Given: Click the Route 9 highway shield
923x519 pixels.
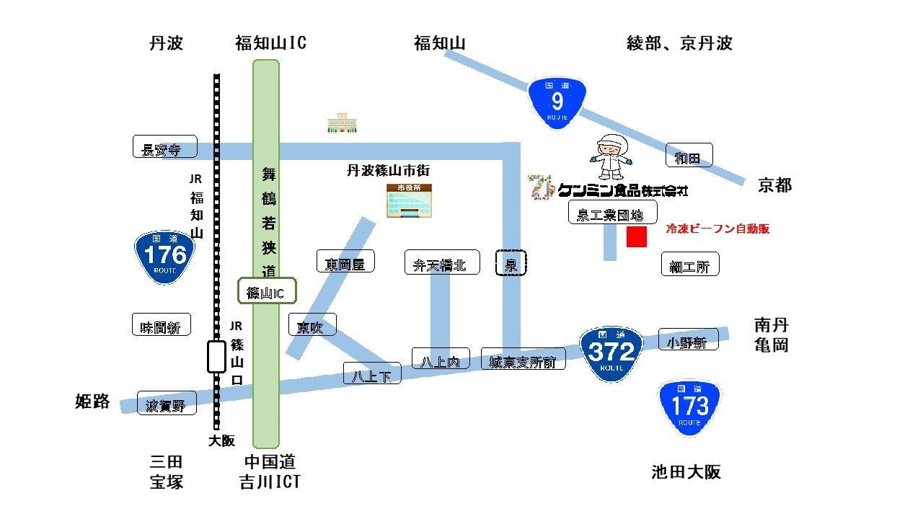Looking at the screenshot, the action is point(557,103).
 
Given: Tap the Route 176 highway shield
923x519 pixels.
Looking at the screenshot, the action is point(165,257).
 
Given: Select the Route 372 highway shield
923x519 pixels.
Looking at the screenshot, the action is point(611,353).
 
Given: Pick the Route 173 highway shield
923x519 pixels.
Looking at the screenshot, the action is point(689,407).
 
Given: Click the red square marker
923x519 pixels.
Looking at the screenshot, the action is point(636,237).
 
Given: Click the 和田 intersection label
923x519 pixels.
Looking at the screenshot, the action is point(689,156).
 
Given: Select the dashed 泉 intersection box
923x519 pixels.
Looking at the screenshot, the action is point(511,264).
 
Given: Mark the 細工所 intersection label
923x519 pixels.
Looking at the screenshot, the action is point(689,265).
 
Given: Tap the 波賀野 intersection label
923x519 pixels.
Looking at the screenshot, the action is point(167,405).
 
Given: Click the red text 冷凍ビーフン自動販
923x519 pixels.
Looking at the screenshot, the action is point(717,229).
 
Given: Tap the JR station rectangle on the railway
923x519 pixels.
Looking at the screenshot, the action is point(216,356).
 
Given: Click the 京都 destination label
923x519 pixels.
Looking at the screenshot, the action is point(774,185).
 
